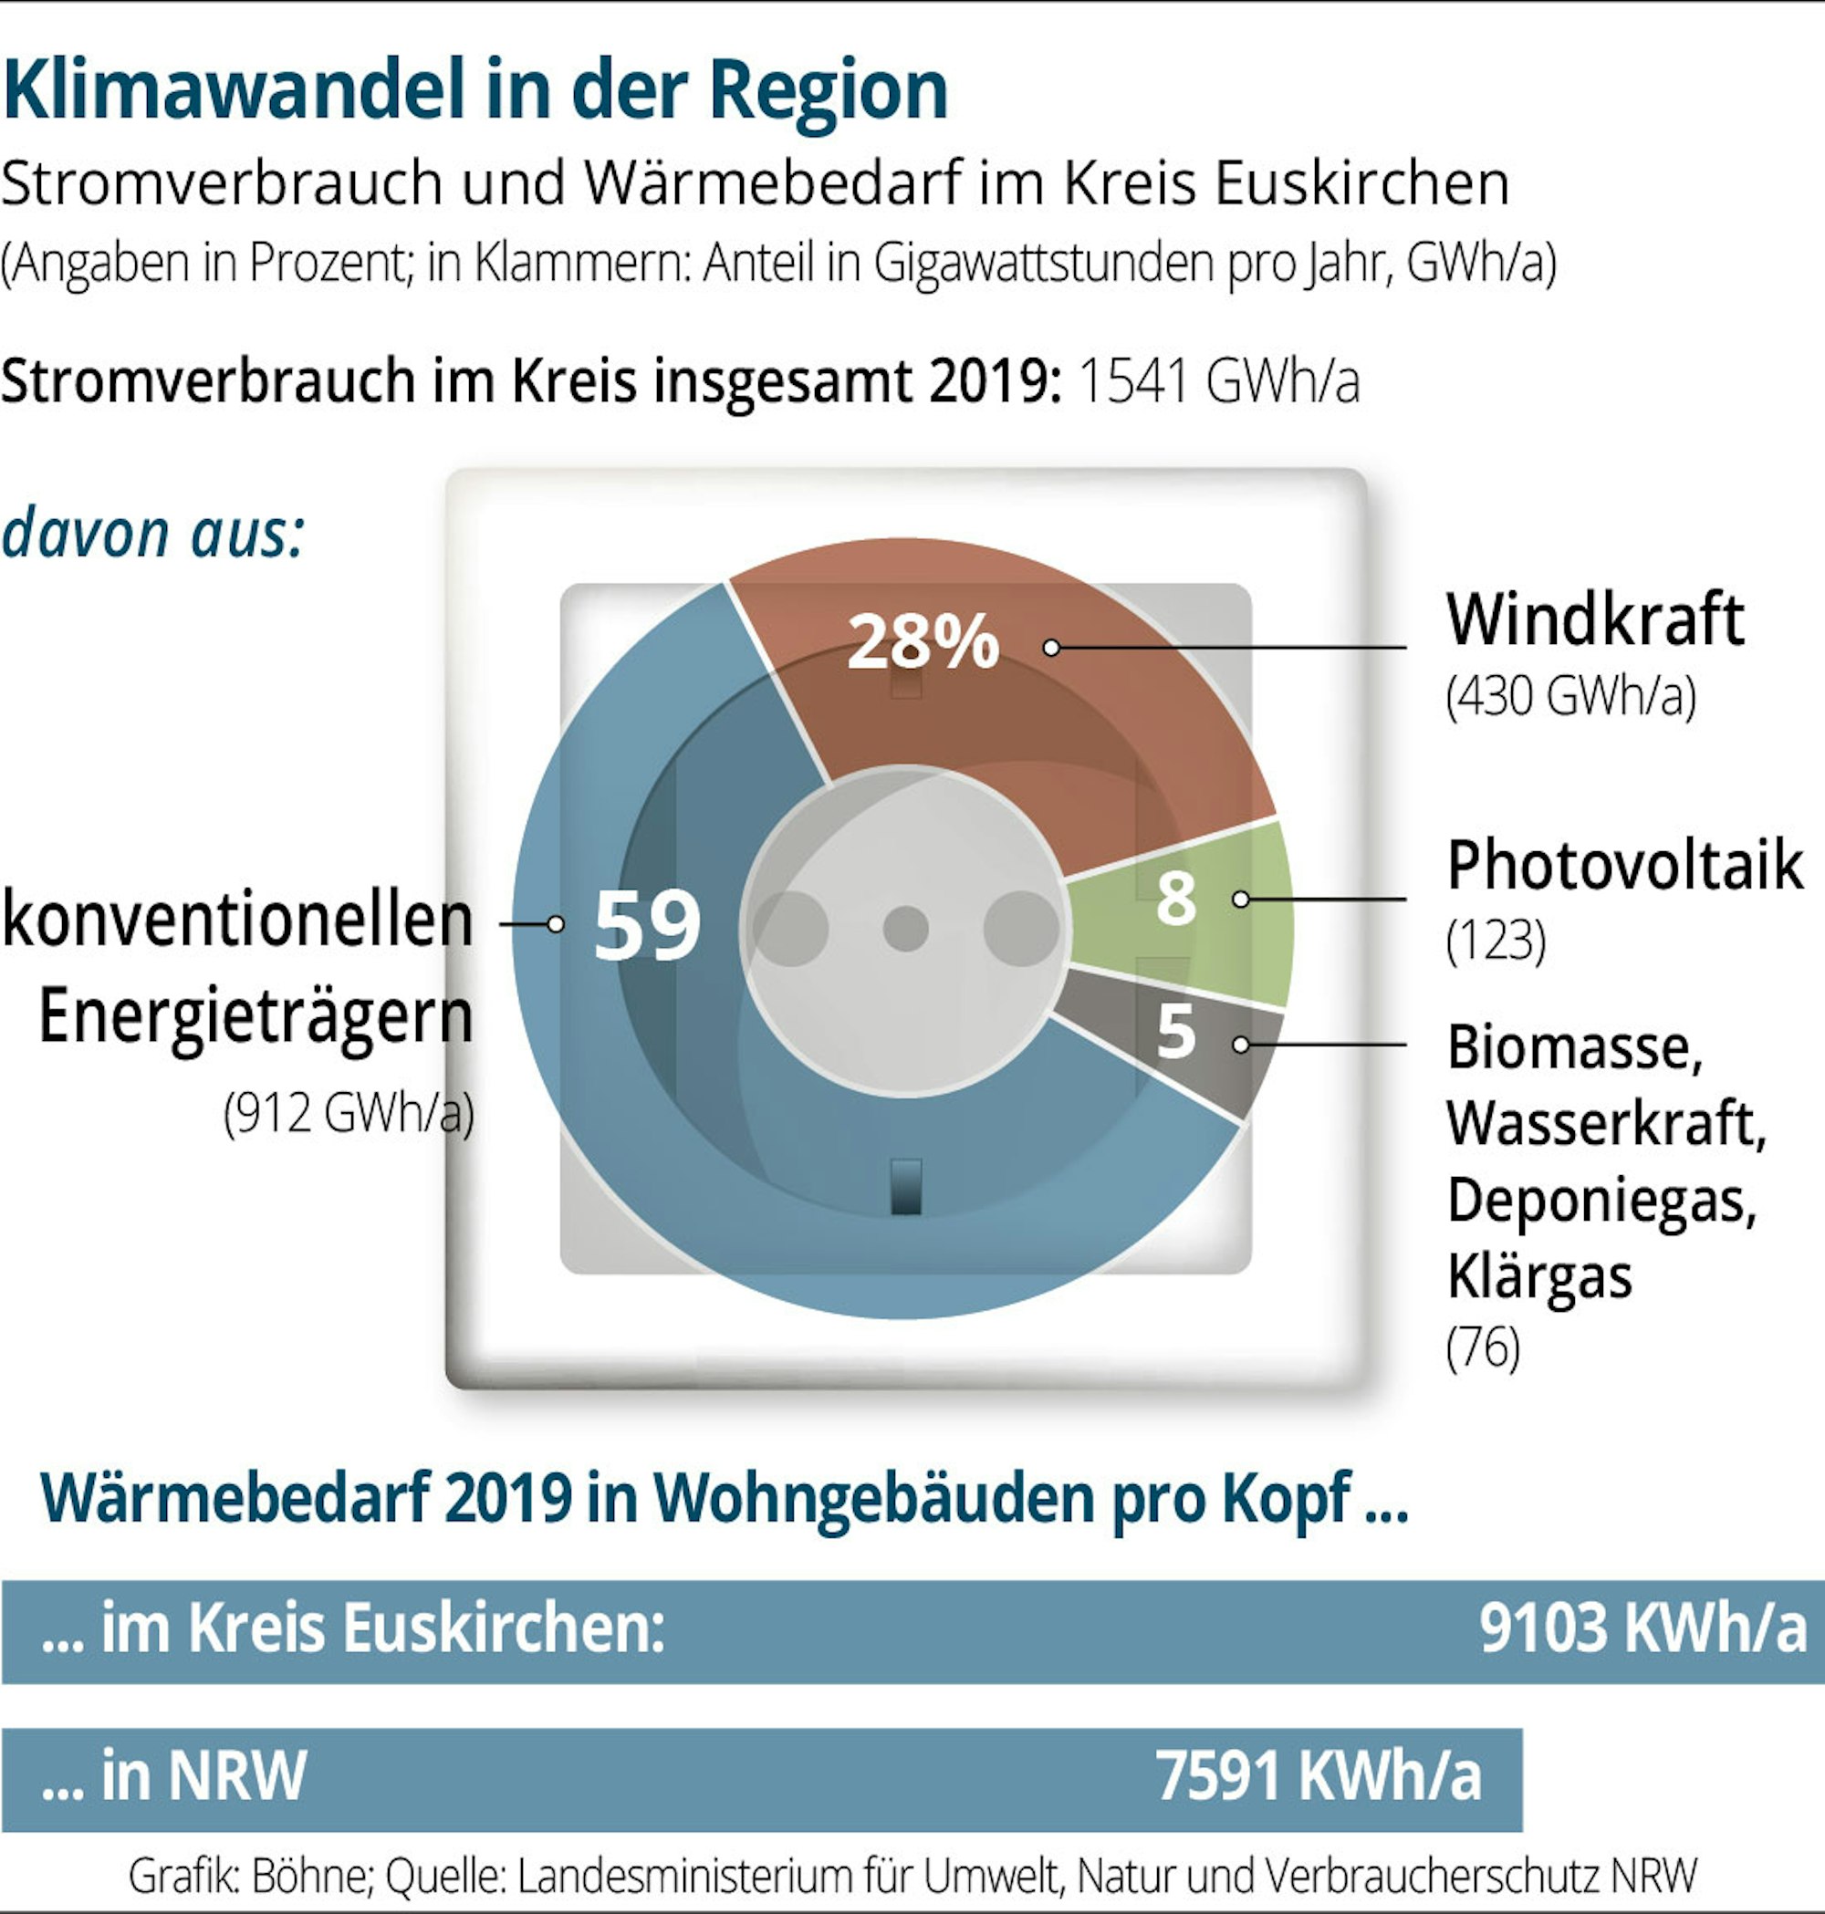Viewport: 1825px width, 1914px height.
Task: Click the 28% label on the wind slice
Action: [x=923, y=642]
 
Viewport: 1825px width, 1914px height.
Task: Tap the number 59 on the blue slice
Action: [x=647, y=925]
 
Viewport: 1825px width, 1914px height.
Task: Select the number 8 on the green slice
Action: [x=1175, y=898]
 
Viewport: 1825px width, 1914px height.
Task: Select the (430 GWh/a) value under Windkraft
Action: [x=1570, y=695]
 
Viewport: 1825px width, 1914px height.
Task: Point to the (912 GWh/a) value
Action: [x=349, y=1113]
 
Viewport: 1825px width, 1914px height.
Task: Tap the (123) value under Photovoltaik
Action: [x=1496, y=941]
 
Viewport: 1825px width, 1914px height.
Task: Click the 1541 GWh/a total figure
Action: [x=1218, y=380]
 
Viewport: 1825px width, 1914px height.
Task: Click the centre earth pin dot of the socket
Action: [x=906, y=929]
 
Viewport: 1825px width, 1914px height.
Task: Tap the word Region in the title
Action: [x=828, y=90]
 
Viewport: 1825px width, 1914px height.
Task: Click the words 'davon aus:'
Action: [x=153, y=534]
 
